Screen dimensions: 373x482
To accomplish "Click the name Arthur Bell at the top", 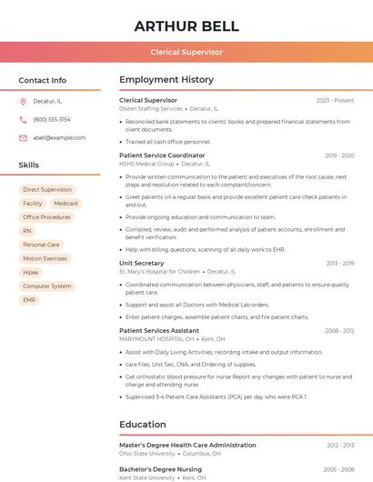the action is pyautogui.click(x=186, y=25).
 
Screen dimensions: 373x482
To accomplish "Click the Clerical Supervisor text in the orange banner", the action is pyautogui.click(x=186, y=52).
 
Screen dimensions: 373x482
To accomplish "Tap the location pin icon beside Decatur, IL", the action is pyautogui.click(x=23, y=101).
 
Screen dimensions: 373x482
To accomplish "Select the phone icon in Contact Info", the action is pyautogui.click(x=23, y=119).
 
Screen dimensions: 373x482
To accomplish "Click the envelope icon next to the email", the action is pyautogui.click(x=23, y=137).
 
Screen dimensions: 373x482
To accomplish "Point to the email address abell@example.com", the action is pyautogui.click(x=59, y=137).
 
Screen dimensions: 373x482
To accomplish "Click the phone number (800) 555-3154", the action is pyautogui.click(x=52, y=119).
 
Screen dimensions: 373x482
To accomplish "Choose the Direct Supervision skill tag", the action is pyautogui.click(x=47, y=190).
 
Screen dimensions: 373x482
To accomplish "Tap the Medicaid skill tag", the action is pyautogui.click(x=66, y=204).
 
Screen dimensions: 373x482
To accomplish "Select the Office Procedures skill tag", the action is pyautogui.click(x=46, y=217).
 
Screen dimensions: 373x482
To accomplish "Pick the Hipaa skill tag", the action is pyautogui.click(x=31, y=272).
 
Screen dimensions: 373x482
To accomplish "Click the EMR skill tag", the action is pyautogui.click(x=30, y=299).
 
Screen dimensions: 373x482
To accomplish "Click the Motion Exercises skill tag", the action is pyautogui.click(x=45, y=258).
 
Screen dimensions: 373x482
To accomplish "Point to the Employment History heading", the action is pyautogui.click(x=166, y=80).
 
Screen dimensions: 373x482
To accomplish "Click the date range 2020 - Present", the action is pyautogui.click(x=335, y=100).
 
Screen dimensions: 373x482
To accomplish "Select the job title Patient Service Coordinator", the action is pyautogui.click(x=162, y=156).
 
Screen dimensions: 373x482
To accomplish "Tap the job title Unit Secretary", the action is pyautogui.click(x=141, y=263).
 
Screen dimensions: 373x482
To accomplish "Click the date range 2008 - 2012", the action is pyautogui.click(x=339, y=331).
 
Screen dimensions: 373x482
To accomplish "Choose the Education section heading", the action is pyautogui.click(x=143, y=424).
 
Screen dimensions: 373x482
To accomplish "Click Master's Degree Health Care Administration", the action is pyautogui.click(x=187, y=445).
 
